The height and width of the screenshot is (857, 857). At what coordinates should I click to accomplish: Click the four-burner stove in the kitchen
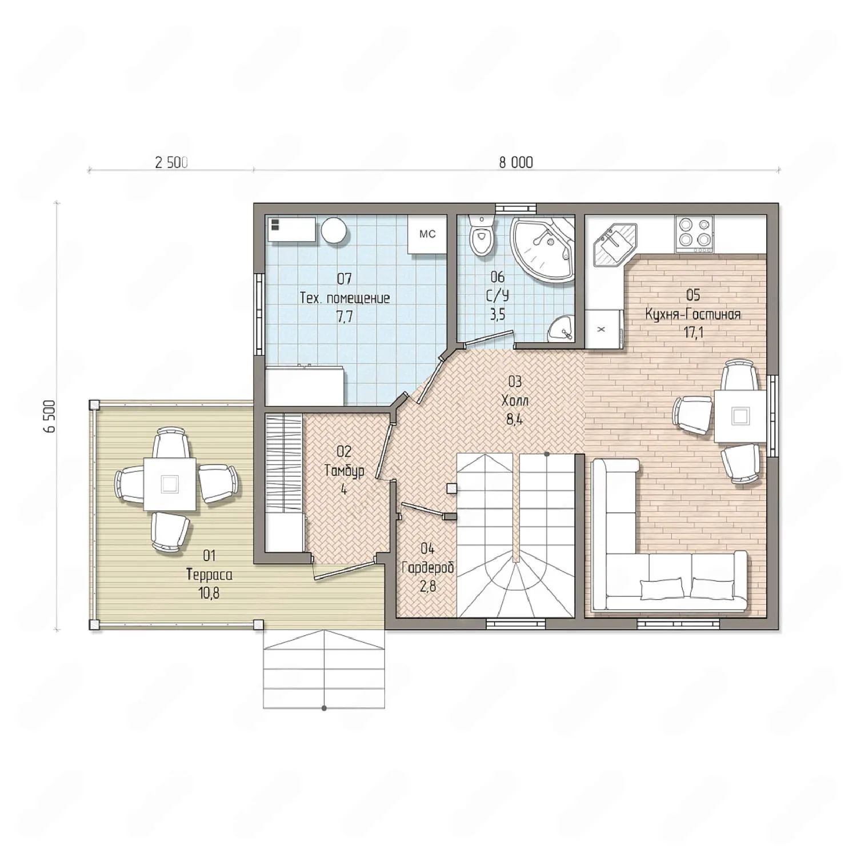pyautogui.click(x=694, y=234)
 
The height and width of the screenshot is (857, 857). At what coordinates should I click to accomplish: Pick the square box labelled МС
pyautogui.click(x=427, y=234)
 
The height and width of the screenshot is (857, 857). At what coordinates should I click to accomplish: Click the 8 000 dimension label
pyautogui.click(x=516, y=163)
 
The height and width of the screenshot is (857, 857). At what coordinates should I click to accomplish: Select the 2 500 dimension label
pyautogui.click(x=171, y=163)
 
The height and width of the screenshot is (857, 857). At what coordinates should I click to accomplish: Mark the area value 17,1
pyautogui.click(x=693, y=333)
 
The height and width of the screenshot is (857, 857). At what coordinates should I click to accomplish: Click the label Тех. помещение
pyautogui.click(x=345, y=298)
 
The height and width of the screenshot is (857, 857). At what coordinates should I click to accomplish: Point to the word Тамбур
pyautogui.click(x=344, y=471)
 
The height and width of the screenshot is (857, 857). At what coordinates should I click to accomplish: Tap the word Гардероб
pyautogui.click(x=428, y=568)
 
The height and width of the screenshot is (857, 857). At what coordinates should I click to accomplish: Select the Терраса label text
pyautogui.click(x=209, y=575)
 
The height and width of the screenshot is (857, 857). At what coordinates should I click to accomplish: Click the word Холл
pyautogui.click(x=514, y=401)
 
